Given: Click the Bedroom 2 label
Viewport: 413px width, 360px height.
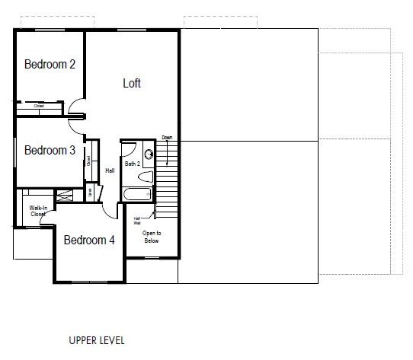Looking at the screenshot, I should click(x=50, y=65).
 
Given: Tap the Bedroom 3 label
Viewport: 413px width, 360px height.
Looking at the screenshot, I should click(x=50, y=151).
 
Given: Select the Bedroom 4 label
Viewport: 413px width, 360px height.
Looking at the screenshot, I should click(x=89, y=240).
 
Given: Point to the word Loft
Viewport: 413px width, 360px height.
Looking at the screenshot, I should click(x=132, y=83).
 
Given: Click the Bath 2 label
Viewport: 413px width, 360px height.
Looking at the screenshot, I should click(x=133, y=164).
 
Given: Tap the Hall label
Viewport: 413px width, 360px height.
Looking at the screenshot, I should click(x=110, y=170).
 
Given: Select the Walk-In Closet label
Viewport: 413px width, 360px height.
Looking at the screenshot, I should click(x=38, y=211).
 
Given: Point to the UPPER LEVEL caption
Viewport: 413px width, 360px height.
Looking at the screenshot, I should click(x=96, y=340).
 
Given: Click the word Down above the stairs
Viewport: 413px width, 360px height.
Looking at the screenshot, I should click(x=167, y=138).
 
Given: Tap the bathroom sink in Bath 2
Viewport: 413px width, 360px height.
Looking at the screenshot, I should click(x=149, y=155).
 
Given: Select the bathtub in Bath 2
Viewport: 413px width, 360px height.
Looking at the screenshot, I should click(x=139, y=193).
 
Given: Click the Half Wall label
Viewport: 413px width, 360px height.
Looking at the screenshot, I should click(x=137, y=221).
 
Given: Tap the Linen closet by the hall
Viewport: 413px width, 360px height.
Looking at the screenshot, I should click(x=91, y=193).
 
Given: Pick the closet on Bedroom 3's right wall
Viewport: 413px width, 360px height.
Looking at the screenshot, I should click(x=88, y=161).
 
